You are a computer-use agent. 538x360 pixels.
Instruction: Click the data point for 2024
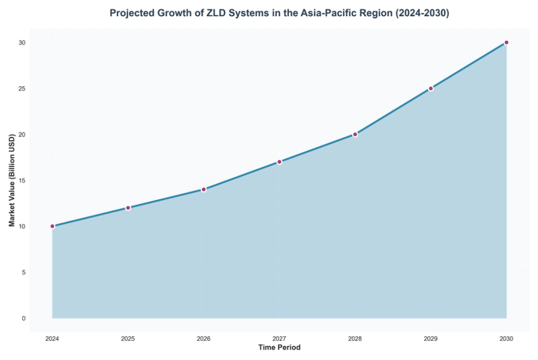[x=52, y=226]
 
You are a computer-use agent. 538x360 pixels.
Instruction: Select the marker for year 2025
[x=128, y=208]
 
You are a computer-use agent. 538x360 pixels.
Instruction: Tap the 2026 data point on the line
[x=204, y=189]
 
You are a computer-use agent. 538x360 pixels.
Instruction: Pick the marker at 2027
[x=280, y=162]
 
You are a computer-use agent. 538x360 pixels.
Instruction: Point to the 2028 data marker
[x=355, y=135]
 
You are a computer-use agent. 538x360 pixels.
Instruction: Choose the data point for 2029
[x=431, y=88]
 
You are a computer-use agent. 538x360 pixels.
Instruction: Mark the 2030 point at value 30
[x=506, y=42]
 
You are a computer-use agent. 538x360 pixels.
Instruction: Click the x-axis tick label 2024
[x=52, y=338]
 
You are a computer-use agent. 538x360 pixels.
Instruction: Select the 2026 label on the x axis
[x=204, y=338]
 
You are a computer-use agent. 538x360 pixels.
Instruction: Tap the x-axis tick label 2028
[x=355, y=338]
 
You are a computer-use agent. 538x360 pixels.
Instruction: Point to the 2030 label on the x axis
[x=506, y=338]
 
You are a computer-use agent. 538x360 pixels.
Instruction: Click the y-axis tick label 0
[x=23, y=318]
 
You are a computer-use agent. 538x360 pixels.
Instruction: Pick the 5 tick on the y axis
[x=23, y=272]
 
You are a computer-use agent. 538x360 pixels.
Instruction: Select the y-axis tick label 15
[x=22, y=181]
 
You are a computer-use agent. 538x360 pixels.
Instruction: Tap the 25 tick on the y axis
[x=22, y=88]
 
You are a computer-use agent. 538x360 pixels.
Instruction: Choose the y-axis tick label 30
[x=22, y=42]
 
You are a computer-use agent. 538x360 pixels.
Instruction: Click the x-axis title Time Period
[x=279, y=348]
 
